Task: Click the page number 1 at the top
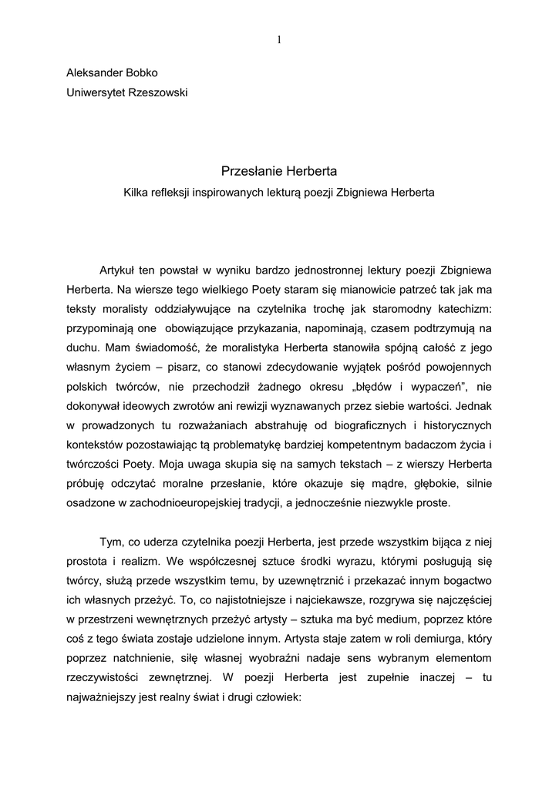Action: pyautogui.click(x=279, y=40)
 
